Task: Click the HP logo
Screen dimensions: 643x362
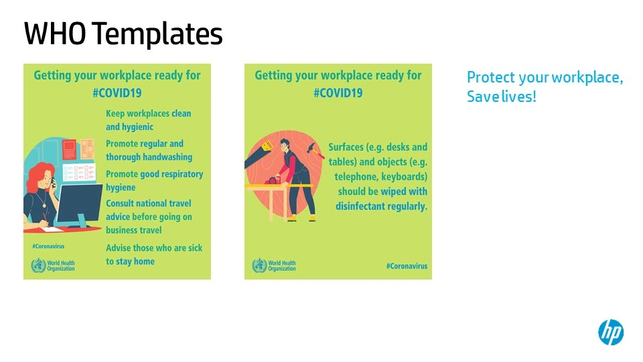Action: pyautogui.click(x=611, y=332)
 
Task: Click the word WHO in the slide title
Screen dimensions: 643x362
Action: pyautogui.click(x=55, y=34)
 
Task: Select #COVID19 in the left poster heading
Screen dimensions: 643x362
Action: pyautogui.click(x=117, y=93)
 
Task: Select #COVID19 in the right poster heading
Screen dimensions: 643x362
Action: pyautogui.click(x=338, y=93)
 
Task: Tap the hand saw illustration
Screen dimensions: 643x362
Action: pyautogui.click(x=259, y=154)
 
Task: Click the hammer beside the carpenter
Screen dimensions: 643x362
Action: pyautogui.click(x=315, y=149)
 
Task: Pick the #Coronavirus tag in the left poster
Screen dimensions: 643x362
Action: pyautogui.click(x=48, y=246)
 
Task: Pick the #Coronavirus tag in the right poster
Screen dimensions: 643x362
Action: pyautogui.click(x=407, y=266)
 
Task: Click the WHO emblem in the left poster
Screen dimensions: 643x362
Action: pyautogui.click(x=39, y=265)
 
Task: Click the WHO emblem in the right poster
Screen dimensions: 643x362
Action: pyautogui.click(x=260, y=265)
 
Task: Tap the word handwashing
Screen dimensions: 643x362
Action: pyautogui.click(x=167, y=157)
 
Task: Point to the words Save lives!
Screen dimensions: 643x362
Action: pyautogui.click(x=502, y=97)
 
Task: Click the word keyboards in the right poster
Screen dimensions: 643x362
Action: pyautogui.click(x=404, y=177)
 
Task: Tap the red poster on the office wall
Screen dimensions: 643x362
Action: pyautogui.click(x=69, y=149)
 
